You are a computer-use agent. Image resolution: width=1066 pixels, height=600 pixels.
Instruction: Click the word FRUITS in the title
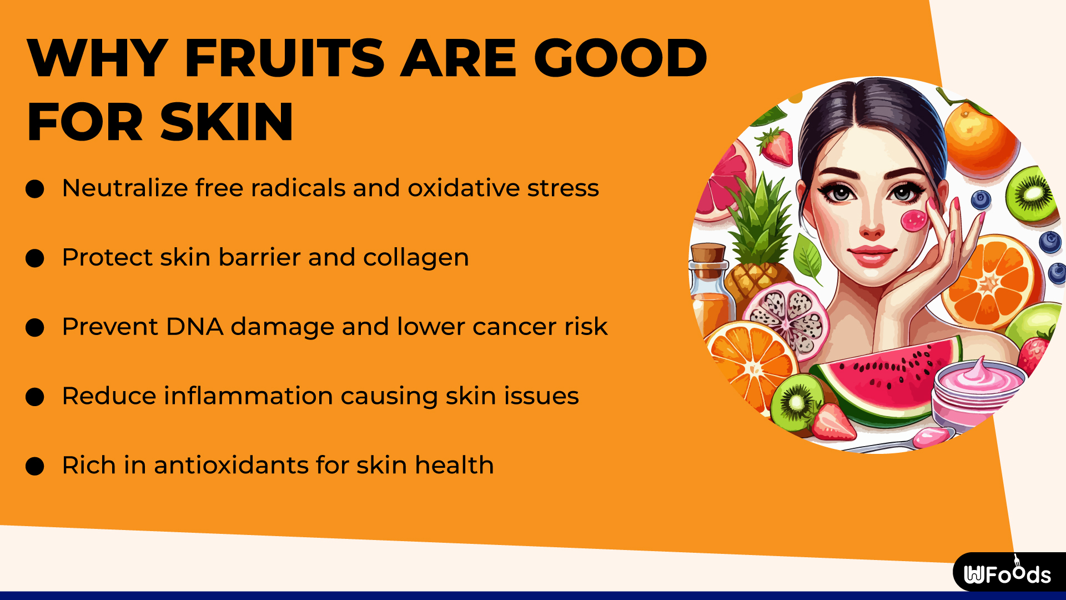(284, 58)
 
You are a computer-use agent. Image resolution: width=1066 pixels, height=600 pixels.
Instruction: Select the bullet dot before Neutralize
(35, 189)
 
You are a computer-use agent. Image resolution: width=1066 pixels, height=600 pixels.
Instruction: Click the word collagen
(416, 258)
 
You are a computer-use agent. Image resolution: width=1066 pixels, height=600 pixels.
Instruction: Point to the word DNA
(194, 327)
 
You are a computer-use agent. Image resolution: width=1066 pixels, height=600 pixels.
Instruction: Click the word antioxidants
(231, 466)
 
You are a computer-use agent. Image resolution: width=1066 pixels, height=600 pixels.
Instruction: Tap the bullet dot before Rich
(35, 466)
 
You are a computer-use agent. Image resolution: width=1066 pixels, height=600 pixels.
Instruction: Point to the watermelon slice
(888, 378)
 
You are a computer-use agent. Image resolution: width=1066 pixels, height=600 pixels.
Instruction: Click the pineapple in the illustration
(758, 244)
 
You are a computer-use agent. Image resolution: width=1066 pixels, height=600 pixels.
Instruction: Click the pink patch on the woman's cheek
(913, 221)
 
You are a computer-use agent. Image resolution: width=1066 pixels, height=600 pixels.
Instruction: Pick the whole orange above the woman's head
(980, 136)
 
